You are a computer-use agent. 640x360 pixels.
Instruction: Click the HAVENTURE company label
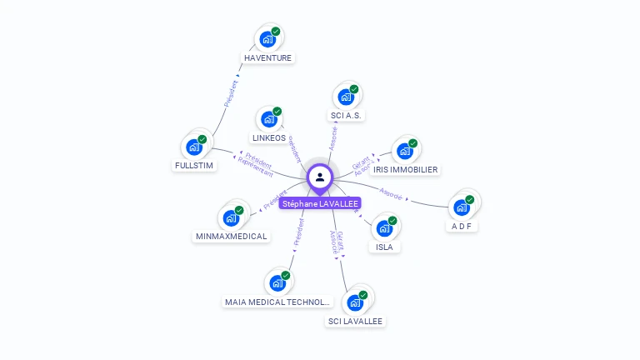268,58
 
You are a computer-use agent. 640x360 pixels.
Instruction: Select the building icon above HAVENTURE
267,39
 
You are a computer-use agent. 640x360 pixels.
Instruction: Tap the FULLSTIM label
194,165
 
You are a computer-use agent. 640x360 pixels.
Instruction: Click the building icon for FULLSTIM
194,147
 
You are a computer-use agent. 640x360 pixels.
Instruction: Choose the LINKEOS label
268,137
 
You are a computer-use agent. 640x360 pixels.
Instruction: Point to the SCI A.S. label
346,116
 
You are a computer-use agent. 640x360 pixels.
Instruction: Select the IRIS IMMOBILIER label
405,169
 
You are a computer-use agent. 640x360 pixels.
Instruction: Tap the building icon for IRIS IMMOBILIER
405,151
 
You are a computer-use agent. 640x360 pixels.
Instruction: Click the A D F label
462,226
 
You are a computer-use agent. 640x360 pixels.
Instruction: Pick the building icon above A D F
462,207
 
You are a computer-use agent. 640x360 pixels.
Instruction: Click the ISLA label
384,247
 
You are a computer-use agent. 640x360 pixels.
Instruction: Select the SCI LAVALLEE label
356,321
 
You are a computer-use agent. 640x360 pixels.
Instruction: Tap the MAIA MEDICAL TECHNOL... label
278,302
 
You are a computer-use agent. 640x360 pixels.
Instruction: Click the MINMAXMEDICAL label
231,236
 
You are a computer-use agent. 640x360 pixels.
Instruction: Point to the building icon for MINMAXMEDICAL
231,218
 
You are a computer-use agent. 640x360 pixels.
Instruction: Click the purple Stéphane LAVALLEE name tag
320,203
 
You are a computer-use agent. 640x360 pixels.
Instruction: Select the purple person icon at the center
320,177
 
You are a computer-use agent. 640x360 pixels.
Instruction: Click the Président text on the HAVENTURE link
231,92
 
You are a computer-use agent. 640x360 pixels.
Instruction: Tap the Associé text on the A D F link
390,194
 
